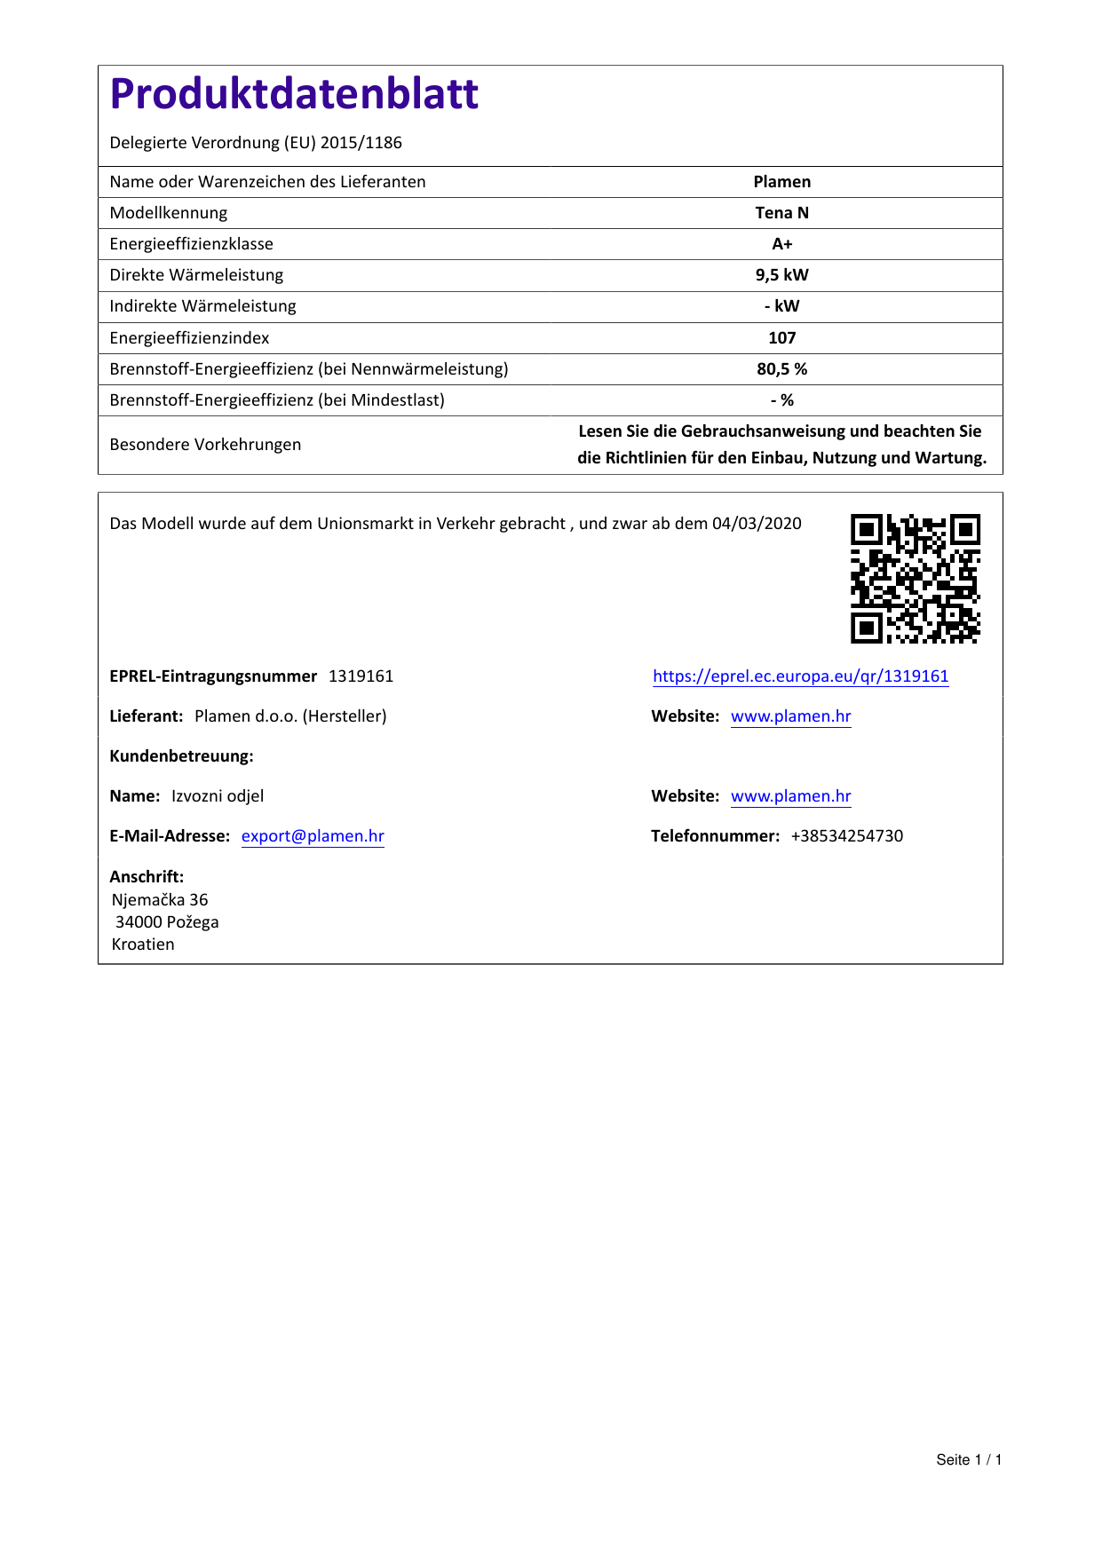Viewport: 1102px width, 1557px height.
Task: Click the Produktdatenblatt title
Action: click(x=294, y=94)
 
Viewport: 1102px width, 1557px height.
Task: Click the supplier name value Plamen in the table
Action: click(x=781, y=182)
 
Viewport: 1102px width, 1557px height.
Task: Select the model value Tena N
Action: click(x=781, y=213)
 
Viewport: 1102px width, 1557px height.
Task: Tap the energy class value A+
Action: click(x=781, y=244)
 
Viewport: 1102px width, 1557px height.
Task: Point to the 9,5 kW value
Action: click(x=781, y=275)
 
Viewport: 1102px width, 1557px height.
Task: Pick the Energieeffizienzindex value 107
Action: click(x=781, y=338)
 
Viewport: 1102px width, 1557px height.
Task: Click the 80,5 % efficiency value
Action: click(x=781, y=369)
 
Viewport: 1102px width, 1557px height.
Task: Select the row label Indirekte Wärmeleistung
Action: click(x=202, y=306)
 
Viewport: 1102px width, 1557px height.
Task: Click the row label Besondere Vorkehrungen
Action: click(x=205, y=445)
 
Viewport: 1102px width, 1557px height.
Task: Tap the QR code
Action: click(x=915, y=578)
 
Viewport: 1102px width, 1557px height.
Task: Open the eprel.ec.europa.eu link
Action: click(x=800, y=676)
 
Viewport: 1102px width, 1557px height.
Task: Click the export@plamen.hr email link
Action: click(x=313, y=836)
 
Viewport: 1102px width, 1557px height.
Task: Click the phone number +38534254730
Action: click(x=846, y=836)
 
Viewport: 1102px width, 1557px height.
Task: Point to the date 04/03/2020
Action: click(x=757, y=524)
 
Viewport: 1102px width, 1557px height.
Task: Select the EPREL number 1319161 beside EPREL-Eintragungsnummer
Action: click(x=361, y=676)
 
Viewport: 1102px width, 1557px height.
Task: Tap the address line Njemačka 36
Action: click(x=160, y=900)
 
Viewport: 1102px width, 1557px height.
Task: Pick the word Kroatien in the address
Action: click(x=143, y=944)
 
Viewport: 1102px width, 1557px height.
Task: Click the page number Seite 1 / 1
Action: click(x=969, y=1460)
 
